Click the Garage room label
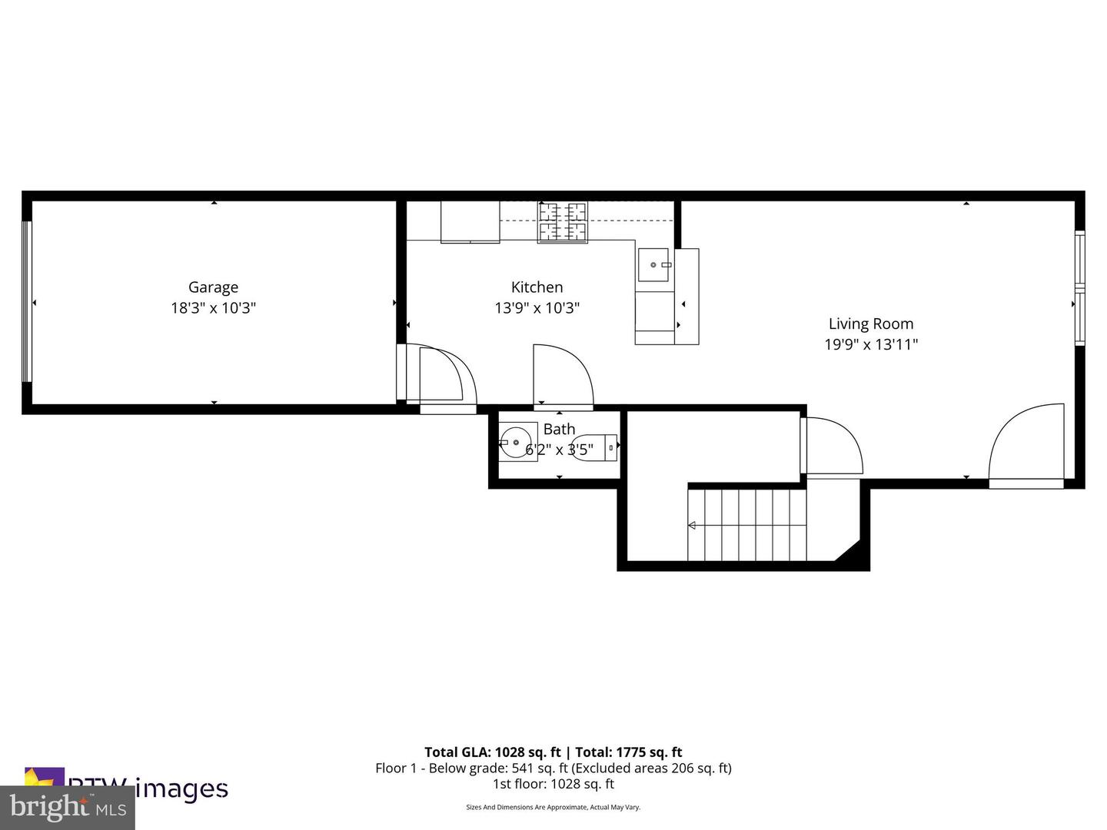tap(213, 287)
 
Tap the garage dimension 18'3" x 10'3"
tap(213, 308)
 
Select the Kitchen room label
tap(537, 287)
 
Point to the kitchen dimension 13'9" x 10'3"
tap(537, 308)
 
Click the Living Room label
tap(871, 324)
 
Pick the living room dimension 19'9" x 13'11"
tap(871, 345)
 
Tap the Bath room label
tap(559, 430)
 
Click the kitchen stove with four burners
tap(562, 222)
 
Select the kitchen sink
tap(654, 265)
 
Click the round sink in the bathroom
tap(514, 443)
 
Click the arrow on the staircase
tap(692, 526)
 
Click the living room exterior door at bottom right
tap(1026, 446)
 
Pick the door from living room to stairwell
tap(830, 447)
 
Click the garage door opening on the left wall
tap(27, 301)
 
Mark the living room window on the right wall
tap(1079, 287)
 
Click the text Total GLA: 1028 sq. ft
tap(492, 752)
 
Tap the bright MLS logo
tap(67, 807)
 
